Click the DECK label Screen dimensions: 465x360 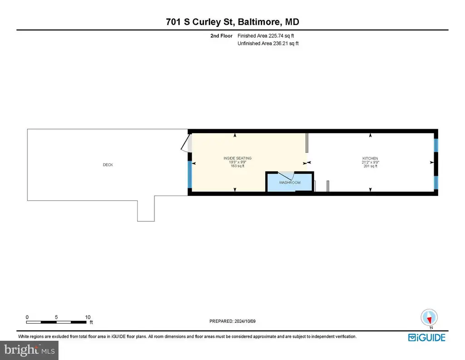pyautogui.click(x=108, y=165)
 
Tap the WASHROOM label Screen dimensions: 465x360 pyautogui.click(x=289, y=183)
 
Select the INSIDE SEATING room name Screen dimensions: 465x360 pyautogui.click(x=237, y=158)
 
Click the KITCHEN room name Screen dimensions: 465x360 pyautogui.click(x=370, y=159)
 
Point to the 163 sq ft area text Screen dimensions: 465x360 pyautogui.click(x=237, y=166)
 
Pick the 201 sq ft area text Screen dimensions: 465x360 pyautogui.click(x=371, y=166)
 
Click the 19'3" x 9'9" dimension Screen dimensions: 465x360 pyautogui.click(x=237, y=162)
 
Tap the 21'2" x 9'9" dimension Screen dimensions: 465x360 pyautogui.click(x=371, y=162)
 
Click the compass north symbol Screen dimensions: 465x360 pyautogui.click(x=429, y=318)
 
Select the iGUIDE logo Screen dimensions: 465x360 pyautogui.click(x=427, y=337)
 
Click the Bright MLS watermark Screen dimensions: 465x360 pyautogui.click(x=30, y=350)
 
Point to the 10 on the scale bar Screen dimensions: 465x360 pyautogui.click(x=88, y=317)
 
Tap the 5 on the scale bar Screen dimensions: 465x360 pyautogui.click(x=56, y=317)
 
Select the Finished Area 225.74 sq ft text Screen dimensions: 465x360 pyautogui.click(x=266, y=36)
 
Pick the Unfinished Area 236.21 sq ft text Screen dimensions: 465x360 pyautogui.click(x=268, y=43)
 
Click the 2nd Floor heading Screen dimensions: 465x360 pyautogui.click(x=221, y=36)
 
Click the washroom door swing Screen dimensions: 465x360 pyautogui.click(x=287, y=176)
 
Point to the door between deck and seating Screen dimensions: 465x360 pyautogui.click(x=186, y=143)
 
